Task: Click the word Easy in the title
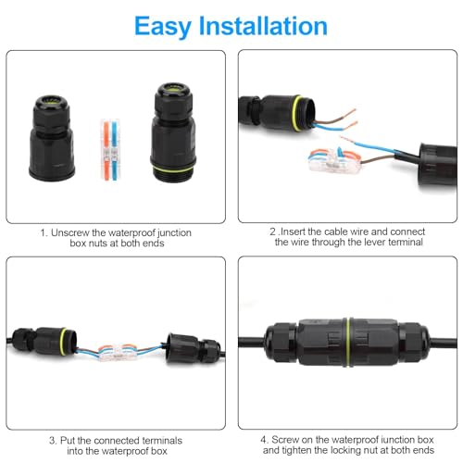[x=163, y=27]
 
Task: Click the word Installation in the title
[x=263, y=26]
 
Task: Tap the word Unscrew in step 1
[x=70, y=232]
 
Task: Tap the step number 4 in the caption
[x=263, y=440]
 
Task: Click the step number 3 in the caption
[x=53, y=441]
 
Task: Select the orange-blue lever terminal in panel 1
[x=110, y=150]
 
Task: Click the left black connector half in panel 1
[x=52, y=138]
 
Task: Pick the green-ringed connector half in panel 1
[x=173, y=132]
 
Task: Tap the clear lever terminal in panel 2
[x=334, y=160]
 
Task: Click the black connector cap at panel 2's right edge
[x=438, y=165]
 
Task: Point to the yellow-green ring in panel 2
[x=296, y=114]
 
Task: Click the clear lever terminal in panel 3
[x=119, y=353]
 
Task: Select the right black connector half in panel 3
[x=194, y=348]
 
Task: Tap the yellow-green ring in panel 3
[x=63, y=342]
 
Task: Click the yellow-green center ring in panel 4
[x=348, y=342]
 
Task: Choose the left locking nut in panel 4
[x=281, y=342]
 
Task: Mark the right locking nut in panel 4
[x=414, y=342]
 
